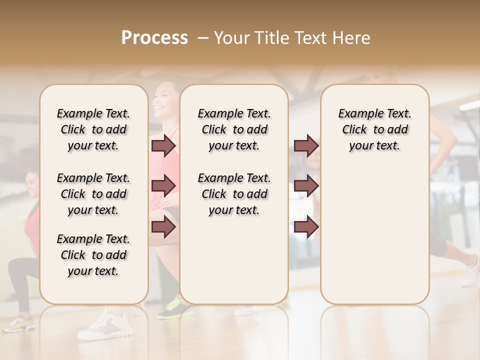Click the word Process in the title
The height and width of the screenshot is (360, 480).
[x=154, y=38]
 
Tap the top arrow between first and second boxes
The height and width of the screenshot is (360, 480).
[x=163, y=146]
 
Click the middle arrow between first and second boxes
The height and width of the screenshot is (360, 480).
[x=163, y=186]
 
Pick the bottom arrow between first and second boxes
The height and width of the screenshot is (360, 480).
[x=163, y=227]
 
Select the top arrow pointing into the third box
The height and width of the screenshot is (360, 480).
[x=306, y=146]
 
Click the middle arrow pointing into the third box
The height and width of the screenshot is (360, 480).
[x=306, y=186]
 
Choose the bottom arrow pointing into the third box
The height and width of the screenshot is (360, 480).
[x=306, y=227]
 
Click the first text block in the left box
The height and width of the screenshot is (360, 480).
[x=93, y=129]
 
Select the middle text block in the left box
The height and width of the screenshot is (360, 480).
[x=93, y=194]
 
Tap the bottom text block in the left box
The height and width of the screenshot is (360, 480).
[x=93, y=255]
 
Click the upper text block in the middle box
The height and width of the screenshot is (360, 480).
[x=234, y=129]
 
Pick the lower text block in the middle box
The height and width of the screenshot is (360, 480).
[x=234, y=194]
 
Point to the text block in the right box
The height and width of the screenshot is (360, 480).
[x=374, y=129]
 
